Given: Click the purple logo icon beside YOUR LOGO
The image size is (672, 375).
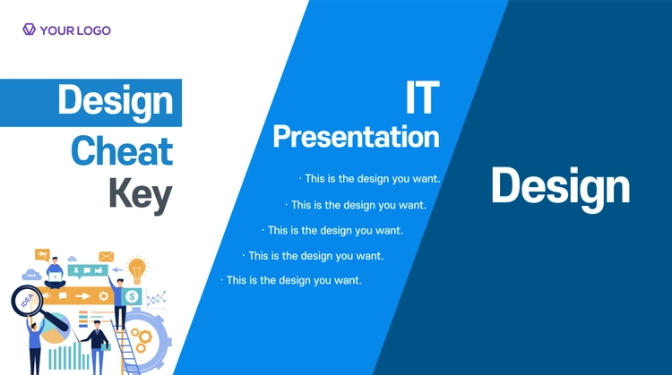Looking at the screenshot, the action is (29, 30).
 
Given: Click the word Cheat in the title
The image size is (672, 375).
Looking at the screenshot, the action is (122, 151).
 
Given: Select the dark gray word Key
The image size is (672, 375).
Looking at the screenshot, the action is (141, 195).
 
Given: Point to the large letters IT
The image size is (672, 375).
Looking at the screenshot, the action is (423, 98).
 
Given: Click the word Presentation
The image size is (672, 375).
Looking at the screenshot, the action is (356, 137).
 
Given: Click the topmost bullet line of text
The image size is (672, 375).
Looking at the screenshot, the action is (370, 179).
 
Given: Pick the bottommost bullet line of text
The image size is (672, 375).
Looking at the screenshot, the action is (291, 280).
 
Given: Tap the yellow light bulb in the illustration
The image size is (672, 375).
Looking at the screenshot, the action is (137, 270).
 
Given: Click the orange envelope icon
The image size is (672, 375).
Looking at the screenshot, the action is (107, 257).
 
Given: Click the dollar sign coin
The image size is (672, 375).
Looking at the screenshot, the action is (132, 296).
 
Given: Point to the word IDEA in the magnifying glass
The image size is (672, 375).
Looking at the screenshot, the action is (27, 301).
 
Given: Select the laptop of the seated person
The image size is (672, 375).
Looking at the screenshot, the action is (55, 277).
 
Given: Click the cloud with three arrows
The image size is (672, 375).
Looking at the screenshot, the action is (31, 275).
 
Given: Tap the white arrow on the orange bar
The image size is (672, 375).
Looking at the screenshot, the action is (82, 296).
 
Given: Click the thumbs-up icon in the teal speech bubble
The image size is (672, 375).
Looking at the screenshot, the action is (99, 270).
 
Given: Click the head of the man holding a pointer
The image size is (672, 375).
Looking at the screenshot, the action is (97, 325).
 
